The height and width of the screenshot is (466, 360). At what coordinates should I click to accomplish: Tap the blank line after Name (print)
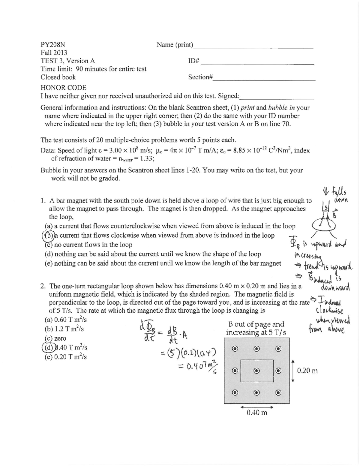point(253,47)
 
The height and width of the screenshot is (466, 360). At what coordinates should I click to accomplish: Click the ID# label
point(193,61)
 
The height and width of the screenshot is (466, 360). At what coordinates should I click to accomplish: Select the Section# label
point(200,77)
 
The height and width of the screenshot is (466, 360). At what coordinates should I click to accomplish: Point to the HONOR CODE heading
point(63,88)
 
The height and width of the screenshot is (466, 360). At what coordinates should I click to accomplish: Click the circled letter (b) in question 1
point(47,235)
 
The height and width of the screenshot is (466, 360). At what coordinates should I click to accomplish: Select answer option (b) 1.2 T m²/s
point(64,329)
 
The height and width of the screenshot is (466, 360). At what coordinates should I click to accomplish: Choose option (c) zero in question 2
point(55,338)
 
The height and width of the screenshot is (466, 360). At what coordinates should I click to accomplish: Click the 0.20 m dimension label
point(307,371)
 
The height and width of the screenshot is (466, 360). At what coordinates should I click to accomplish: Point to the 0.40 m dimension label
point(257,412)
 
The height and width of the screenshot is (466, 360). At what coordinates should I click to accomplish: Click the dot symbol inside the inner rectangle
point(257,371)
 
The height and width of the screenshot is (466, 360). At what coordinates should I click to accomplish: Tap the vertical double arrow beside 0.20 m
point(293,371)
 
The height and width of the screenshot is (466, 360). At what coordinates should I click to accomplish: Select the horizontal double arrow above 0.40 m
point(256,407)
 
